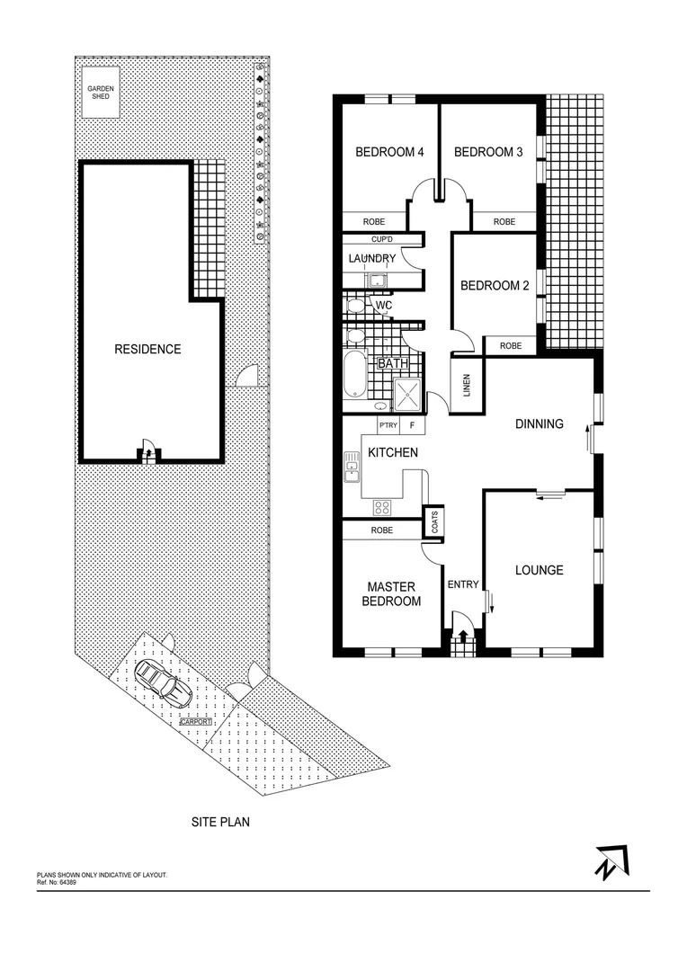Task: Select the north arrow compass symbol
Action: [611, 862]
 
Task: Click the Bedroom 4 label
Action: [389, 152]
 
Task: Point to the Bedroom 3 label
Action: [488, 152]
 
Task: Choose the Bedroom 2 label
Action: [494, 286]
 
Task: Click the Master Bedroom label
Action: [391, 594]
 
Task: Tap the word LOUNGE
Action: [540, 570]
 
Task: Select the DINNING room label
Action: [539, 423]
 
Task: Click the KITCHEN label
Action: [393, 452]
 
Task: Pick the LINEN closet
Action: [467, 386]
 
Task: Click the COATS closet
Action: [435, 522]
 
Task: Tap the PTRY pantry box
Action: [388, 425]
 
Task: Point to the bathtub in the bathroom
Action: [354, 376]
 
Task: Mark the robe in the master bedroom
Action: [382, 531]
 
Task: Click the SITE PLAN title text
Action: [220, 821]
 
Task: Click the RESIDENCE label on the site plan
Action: [147, 349]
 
